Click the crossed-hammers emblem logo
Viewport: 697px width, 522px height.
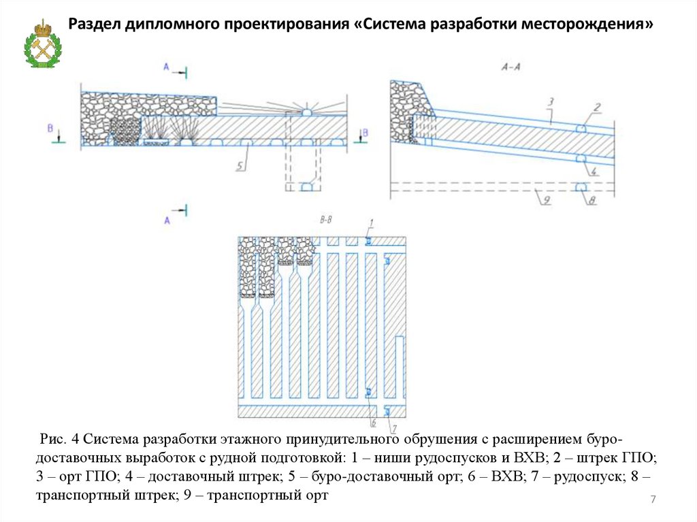[43, 44]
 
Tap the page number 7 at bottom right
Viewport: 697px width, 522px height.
[653, 500]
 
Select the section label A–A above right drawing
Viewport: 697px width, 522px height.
[511, 67]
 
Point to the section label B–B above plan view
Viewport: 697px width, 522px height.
[325, 220]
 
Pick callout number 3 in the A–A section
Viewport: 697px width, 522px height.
[552, 101]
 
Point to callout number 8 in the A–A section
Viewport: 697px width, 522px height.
[592, 199]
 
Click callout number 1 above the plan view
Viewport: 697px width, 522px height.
[372, 223]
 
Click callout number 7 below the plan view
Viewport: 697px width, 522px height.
[392, 428]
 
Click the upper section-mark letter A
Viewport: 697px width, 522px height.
[165, 66]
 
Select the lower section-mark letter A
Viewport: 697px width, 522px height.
[165, 220]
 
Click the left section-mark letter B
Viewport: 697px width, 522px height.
[50, 127]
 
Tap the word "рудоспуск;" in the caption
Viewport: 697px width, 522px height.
[589, 476]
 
